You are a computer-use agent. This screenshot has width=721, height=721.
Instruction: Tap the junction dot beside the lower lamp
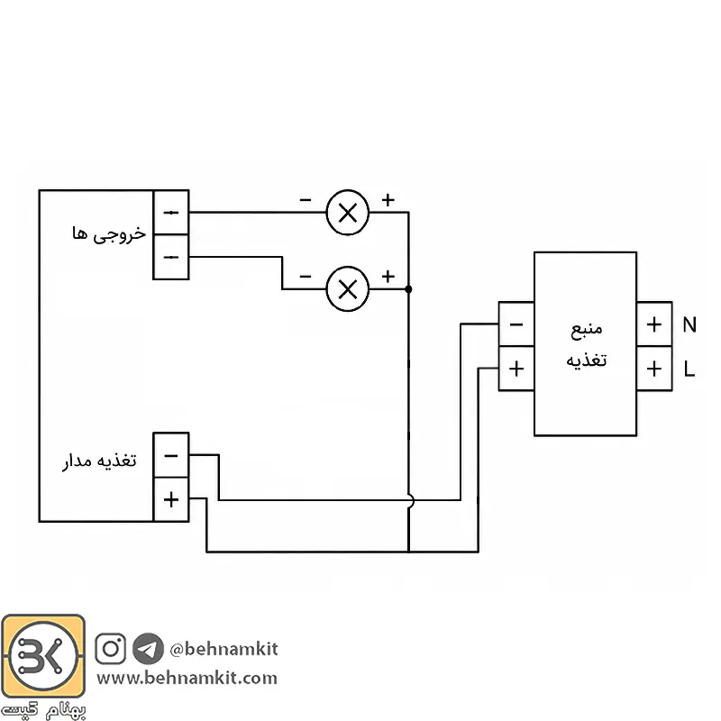408,289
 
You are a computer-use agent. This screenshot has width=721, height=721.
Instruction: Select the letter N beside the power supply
689,324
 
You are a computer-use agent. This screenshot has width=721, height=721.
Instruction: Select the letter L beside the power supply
689,369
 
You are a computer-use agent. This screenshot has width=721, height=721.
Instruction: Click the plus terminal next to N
654,324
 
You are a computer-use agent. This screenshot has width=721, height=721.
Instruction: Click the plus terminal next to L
654,369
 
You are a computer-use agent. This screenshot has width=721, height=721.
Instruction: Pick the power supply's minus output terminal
516,324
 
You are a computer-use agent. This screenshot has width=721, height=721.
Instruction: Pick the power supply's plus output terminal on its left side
516,369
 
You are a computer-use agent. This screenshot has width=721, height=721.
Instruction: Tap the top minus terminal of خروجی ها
171,213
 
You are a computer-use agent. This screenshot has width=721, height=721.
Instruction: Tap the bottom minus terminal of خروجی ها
171,257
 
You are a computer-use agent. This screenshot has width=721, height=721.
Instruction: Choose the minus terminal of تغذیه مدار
171,455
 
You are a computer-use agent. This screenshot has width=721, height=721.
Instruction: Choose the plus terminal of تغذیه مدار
171,499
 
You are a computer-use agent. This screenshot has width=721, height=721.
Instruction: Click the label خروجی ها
109,234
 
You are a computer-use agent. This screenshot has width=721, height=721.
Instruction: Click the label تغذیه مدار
99,461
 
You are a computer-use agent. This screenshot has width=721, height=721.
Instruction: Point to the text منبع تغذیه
587,344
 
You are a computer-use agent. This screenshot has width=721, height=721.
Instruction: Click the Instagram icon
110,648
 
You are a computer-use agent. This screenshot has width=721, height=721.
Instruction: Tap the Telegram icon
148,648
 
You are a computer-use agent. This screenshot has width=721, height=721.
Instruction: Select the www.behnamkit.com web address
187,679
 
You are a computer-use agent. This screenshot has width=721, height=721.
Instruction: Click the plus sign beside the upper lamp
388,199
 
